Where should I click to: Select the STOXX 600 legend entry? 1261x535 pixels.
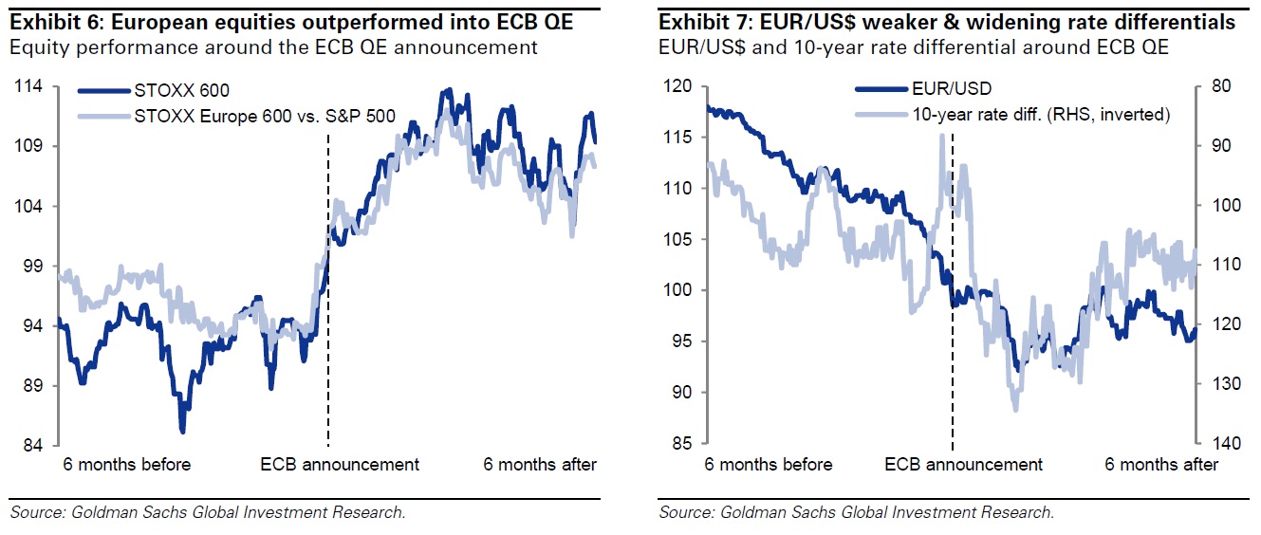tap(182, 91)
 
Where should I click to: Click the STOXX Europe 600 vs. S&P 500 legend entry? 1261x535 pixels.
tap(266, 117)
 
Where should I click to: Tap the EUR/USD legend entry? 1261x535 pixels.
tap(952, 89)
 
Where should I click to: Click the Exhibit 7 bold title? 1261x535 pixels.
tap(947, 22)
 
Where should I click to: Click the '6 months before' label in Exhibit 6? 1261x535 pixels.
tap(127, 465)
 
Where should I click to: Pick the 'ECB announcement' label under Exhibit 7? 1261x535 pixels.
tap(963, 465)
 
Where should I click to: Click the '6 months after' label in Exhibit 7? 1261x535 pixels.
tap(1162, 465)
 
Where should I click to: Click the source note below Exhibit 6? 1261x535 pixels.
tap(208, 513)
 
